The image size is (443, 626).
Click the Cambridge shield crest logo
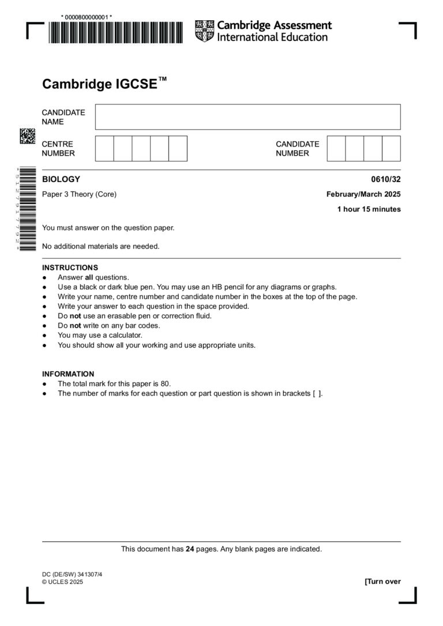click(204, 31)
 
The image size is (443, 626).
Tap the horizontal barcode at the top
click(115, 33)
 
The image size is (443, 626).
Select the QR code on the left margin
click(28, 136)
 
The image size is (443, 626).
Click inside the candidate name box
click(247, 117)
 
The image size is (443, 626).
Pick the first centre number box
click(104, 149)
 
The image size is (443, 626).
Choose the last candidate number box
click(391, 149)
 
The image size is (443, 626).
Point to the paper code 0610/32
click(386, 179)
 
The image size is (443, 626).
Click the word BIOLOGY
click(61, 179)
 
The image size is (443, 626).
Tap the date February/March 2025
click(363, 194)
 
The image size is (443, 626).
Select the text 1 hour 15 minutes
click(369, 209)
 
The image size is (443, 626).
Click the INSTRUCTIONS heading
click(70, 267)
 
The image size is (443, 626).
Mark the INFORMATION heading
click(68, 374)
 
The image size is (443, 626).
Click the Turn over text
click(382, 582)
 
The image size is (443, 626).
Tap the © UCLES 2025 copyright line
click(62, 582)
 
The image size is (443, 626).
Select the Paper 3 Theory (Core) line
click(79, 194)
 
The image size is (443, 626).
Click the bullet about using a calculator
click(99, 335)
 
